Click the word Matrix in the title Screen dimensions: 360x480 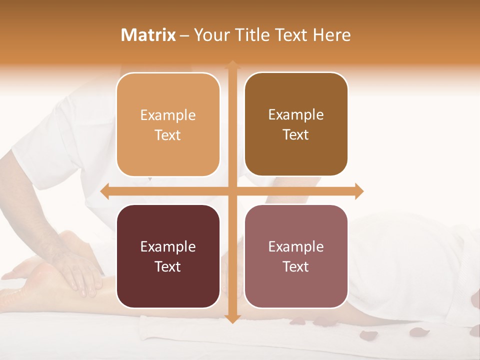pyautogui.click(x=148, y=35)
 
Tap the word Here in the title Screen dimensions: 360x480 pyautogui.click(x=331, y=35)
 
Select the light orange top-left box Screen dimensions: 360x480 pyautogui.click(x=168, y=125)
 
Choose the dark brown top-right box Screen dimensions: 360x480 pyautogui.click(x=296, y=124)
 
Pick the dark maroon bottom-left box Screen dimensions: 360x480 pyautogui.click(x=168, y=256)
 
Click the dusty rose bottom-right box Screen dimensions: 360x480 pyautogui.click(x=296, y=256)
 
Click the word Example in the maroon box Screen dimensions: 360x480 pyautogui.click(x=168, y=247)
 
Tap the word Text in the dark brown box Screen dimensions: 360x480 pyautogui.click(x=296, y=135)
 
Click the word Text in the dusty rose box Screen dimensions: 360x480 pyautogui.click(x=296, y=267)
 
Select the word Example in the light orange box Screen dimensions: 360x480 pyautogui.click(x=168, y=115)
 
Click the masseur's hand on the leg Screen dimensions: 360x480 pyautogui.click(x=80, y=275)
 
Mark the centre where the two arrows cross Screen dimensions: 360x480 pyautogui.click(x=232, y=191)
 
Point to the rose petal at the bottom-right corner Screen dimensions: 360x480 pyautogui.click(x=473, y=330)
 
